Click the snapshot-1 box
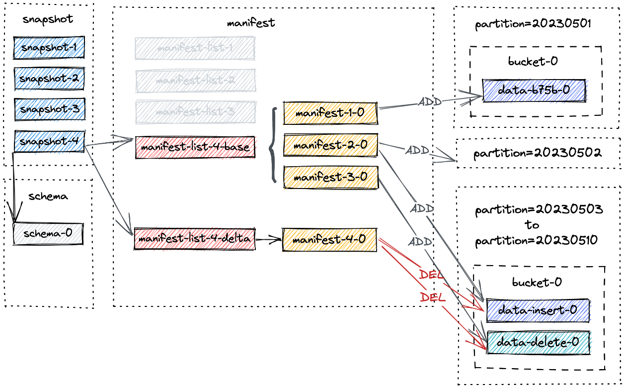(x=49, y=48)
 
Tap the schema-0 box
(x=48, y=233)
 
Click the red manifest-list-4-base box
(x=195, y=147)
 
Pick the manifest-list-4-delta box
(x=194, y=239)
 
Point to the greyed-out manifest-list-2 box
(x=195, y=81)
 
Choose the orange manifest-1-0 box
(x=330, y=113)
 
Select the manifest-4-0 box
(x=329, y=240)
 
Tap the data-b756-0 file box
(x=534, y=91)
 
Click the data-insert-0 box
(x=538, y=310)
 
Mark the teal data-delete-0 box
(x=538, y=342)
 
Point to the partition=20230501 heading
(x=533, y=24)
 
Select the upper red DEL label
(x=431, y=275)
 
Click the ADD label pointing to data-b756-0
(x=430, y=102)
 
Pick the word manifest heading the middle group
(x=251, y=23)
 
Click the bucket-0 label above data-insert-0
(x=537, y=283)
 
